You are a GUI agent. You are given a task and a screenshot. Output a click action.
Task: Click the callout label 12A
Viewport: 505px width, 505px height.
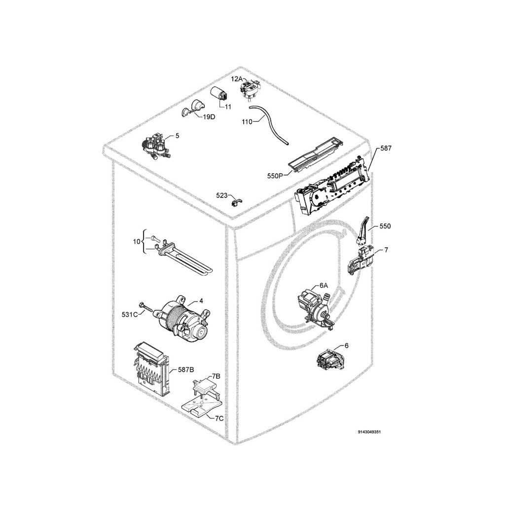(237, 78)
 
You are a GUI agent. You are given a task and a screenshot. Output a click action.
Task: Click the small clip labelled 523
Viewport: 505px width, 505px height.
(237, 203)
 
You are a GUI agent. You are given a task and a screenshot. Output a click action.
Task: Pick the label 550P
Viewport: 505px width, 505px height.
(275, 176)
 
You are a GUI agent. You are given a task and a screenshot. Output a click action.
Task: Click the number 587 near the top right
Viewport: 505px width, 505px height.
(386, 148)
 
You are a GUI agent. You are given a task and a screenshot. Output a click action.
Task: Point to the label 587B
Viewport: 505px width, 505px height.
(186, 370)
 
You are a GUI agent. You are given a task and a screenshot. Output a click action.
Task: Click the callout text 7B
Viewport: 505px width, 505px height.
(216, 376)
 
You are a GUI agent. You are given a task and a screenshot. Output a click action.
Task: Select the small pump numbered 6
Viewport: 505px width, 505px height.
(331, 359)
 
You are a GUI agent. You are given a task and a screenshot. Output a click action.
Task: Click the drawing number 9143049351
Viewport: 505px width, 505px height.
(369, 432)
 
